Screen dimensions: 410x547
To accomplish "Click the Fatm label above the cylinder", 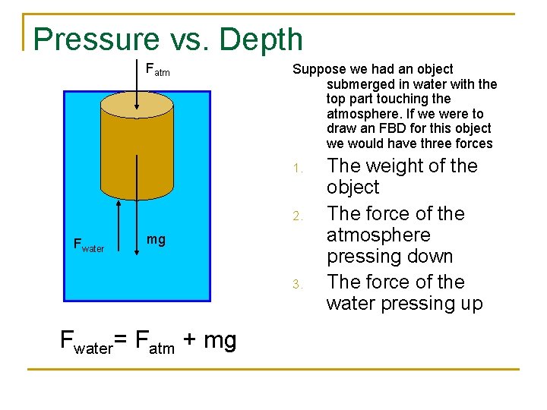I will [x=157, y=71].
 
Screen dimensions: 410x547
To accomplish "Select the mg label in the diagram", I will [x=155, y=240].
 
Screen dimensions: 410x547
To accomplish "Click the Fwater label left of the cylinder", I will [x=87, y=244].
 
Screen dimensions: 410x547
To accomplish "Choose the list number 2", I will [x=299, y=217].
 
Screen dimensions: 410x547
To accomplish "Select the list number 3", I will [x=299, y=285].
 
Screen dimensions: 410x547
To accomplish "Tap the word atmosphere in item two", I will [x=378, y=235].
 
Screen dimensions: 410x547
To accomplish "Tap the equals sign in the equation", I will [x=123, y=340].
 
